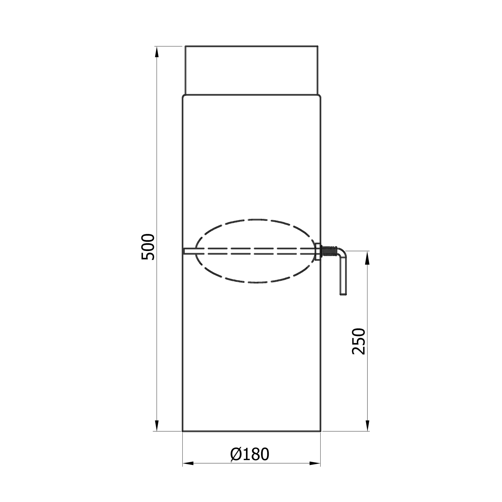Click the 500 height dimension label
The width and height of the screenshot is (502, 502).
[148, 247]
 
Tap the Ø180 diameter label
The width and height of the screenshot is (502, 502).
[250, 454]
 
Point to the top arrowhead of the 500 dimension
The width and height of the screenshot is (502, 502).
[157, 52]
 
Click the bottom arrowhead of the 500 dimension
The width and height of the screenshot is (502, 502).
[157, 426]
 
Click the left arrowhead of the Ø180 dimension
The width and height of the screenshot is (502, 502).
[188, 464]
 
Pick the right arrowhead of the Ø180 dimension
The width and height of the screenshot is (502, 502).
[315, 464]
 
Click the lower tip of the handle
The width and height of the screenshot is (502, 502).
[343, 294]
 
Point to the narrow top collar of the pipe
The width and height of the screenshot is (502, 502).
[251, 70]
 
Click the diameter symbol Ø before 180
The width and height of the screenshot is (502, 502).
[236, 454]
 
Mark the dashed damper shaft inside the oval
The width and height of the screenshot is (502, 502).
[254, 251]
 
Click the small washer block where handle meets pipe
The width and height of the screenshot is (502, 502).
[318, 251]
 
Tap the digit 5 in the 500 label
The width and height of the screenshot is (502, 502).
[148, 256]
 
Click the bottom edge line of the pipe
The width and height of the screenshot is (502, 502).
[251, 431]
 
